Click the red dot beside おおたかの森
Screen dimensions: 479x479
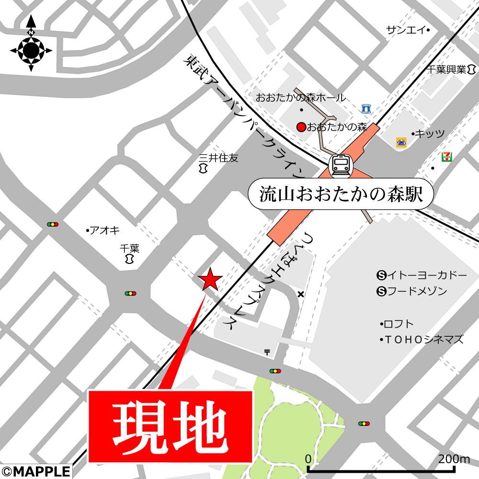coord(301,127)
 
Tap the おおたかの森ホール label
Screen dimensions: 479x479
coord(300,98)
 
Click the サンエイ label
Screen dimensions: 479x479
coord(406,30)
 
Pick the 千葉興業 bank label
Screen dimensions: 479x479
coord(447,69)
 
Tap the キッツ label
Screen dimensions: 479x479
coord(430,133)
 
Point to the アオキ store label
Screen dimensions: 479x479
coord(104,230)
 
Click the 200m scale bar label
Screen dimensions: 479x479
coord(454,458)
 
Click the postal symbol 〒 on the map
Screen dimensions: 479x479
coord(267,352)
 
